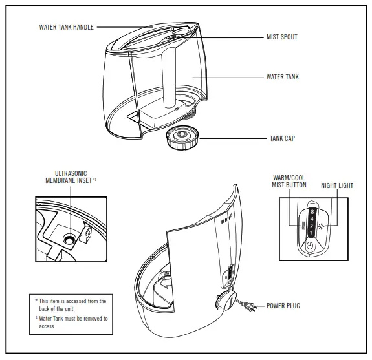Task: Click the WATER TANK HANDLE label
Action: pos(67,27)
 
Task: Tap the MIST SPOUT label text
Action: pos(282,37)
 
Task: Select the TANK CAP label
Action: pos(282,138)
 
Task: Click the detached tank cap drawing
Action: pos(182,138)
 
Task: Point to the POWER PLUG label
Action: pos(283,306)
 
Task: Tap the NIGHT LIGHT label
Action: pos(337,185)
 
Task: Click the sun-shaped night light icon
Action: pos(322,226)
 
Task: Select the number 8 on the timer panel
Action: pos(312,211)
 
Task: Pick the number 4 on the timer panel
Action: pos(312,219)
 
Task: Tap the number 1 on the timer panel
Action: pos(311,233)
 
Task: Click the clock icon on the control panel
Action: pos(310,246)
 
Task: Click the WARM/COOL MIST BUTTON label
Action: pos(289,182)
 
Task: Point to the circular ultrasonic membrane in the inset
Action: pos(69,239)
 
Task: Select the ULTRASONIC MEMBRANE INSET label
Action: pos(71,177)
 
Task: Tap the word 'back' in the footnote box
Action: pos(44,309)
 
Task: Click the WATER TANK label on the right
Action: pos(283,77)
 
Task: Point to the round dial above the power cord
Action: pos(226,300)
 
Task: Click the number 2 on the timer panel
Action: pos(311,226)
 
